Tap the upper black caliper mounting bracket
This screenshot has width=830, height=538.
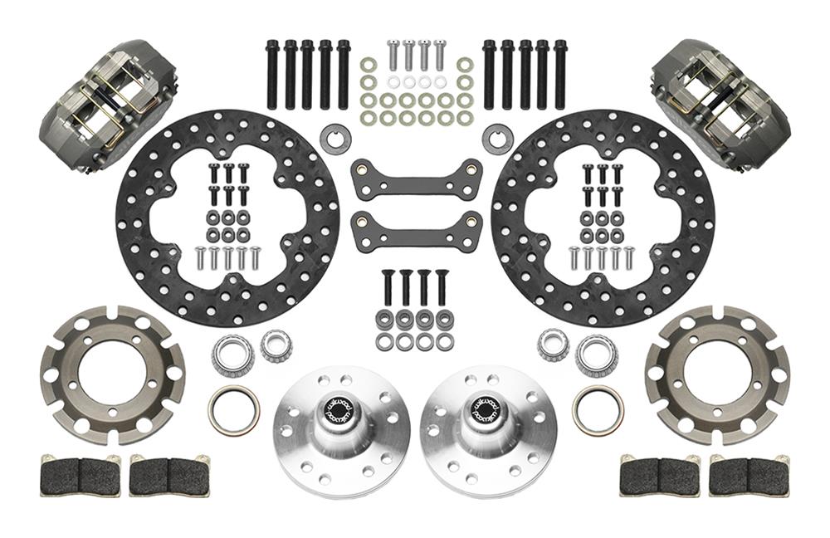pyautogui.click(x=417, y=179)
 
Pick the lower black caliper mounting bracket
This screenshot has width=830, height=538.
pyautogui.click(x=417, y=231)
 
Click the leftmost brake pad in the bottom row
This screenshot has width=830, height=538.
pyautogui.click(x=80, y=477)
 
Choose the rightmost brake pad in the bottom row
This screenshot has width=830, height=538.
pyautogui.click(x=749, y=477)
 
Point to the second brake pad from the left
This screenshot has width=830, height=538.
pyautogui.click(x=168, y=477)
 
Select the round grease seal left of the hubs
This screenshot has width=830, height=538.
pyautogui.click(x=233, y=410)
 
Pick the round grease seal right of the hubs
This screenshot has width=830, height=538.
pyautogui.click(x=598, y=410)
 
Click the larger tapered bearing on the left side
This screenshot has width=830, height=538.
pyautogui.click(x=232, y=355)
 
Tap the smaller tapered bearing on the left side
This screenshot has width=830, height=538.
pyautogui.click(x=276, y=345)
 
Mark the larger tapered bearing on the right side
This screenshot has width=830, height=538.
pyautogui.click(x=596, y=355)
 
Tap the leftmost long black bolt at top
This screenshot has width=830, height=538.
pyautogui.click(x=272, y=74)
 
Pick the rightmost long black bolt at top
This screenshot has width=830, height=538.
pyautogui.click(x=560, y=74)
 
